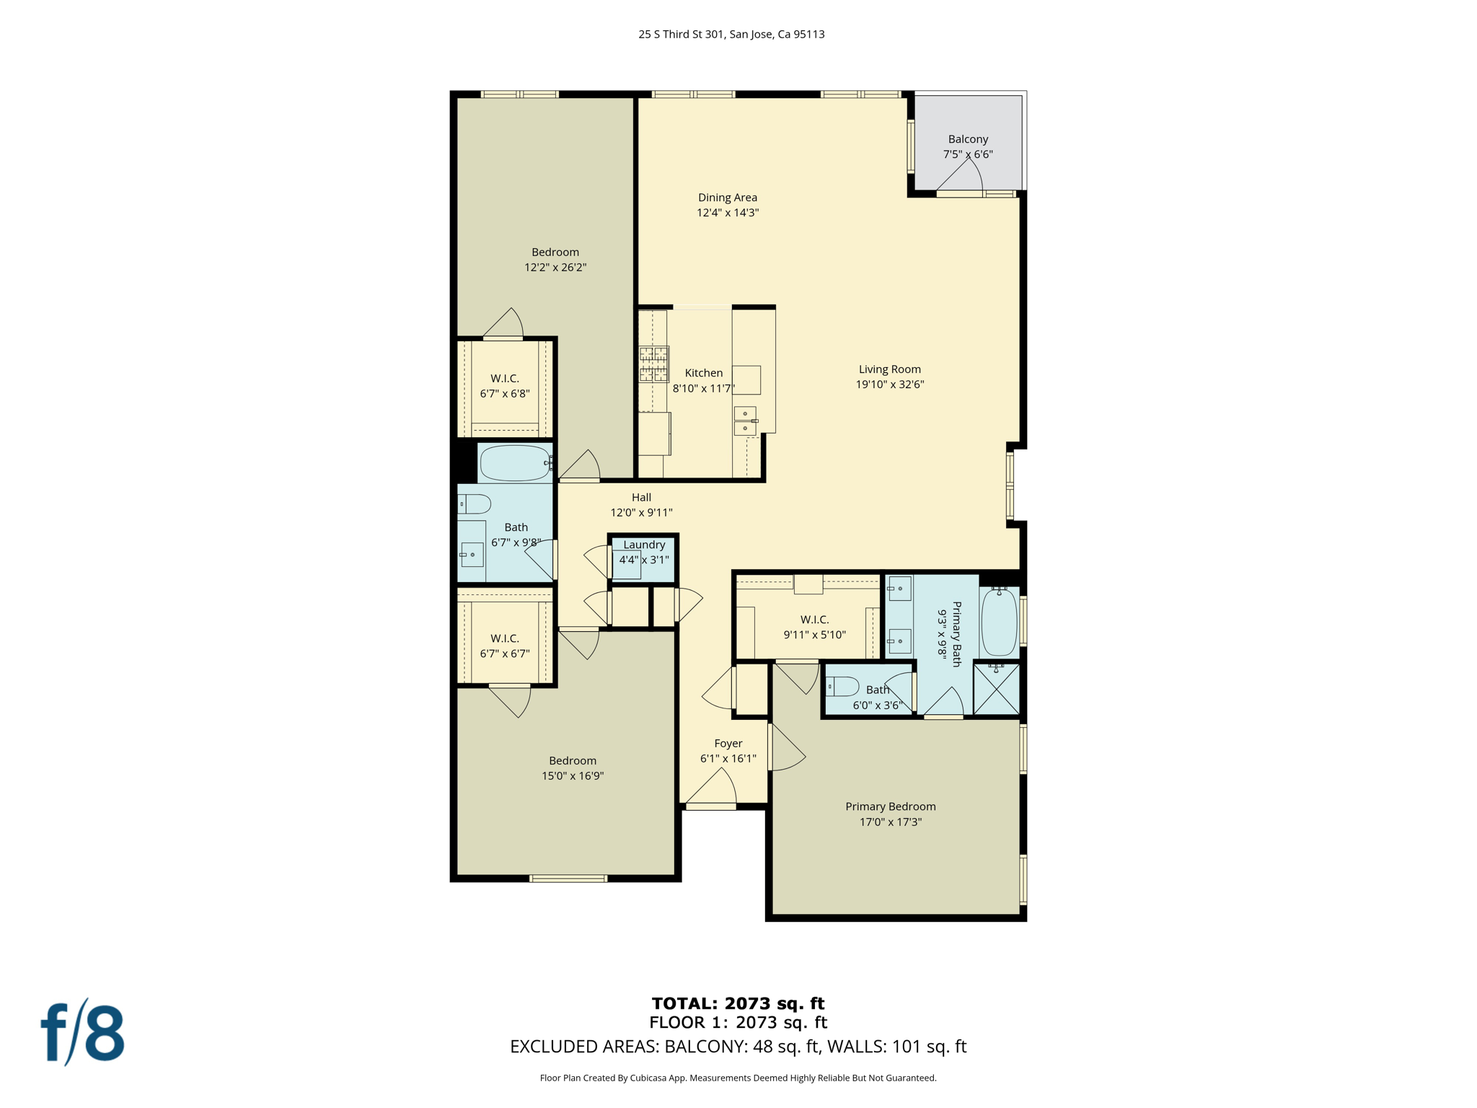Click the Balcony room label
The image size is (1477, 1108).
coord(968,139)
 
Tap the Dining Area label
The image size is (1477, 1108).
coord(728,198)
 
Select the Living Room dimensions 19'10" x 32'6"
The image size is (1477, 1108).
coord(890,384)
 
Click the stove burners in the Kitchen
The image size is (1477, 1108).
coord(653,364)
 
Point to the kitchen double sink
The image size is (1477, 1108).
coord(745,421)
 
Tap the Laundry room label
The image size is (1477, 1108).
coord(644,545)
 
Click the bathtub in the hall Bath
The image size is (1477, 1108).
coord(515,463)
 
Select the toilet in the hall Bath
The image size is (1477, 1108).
coord(475,504)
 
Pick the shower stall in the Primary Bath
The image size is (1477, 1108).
coord(997,689)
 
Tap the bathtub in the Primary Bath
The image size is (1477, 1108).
coord(1000,621)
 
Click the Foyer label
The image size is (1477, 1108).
coord(728,744)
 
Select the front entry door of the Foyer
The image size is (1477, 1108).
coord(711,806)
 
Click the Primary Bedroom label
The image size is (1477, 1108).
coord(891,806)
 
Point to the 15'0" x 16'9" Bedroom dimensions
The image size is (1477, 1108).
coord(573,776)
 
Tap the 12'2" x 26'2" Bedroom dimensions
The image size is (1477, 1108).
coord(555,268)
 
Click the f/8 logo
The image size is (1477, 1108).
coord(82,1032)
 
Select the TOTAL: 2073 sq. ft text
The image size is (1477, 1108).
coord(738,1003)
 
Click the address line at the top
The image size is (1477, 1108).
coord(731,34)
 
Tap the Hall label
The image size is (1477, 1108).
coord(641,497)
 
